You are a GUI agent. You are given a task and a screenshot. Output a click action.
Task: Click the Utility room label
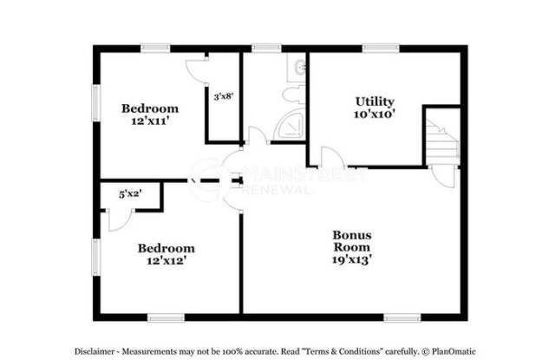[375, 101]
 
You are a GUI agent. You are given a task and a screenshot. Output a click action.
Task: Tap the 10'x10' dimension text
[375, 114]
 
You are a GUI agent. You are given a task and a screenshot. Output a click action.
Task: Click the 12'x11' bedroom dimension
[149, 121]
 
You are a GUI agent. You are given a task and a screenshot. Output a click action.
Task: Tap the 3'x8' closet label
[223, 97]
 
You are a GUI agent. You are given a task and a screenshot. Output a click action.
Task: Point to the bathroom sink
[298, 66]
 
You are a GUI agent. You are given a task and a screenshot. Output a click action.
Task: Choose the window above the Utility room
[375, 48]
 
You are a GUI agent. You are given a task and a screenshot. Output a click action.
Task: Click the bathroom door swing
[257, 137]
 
